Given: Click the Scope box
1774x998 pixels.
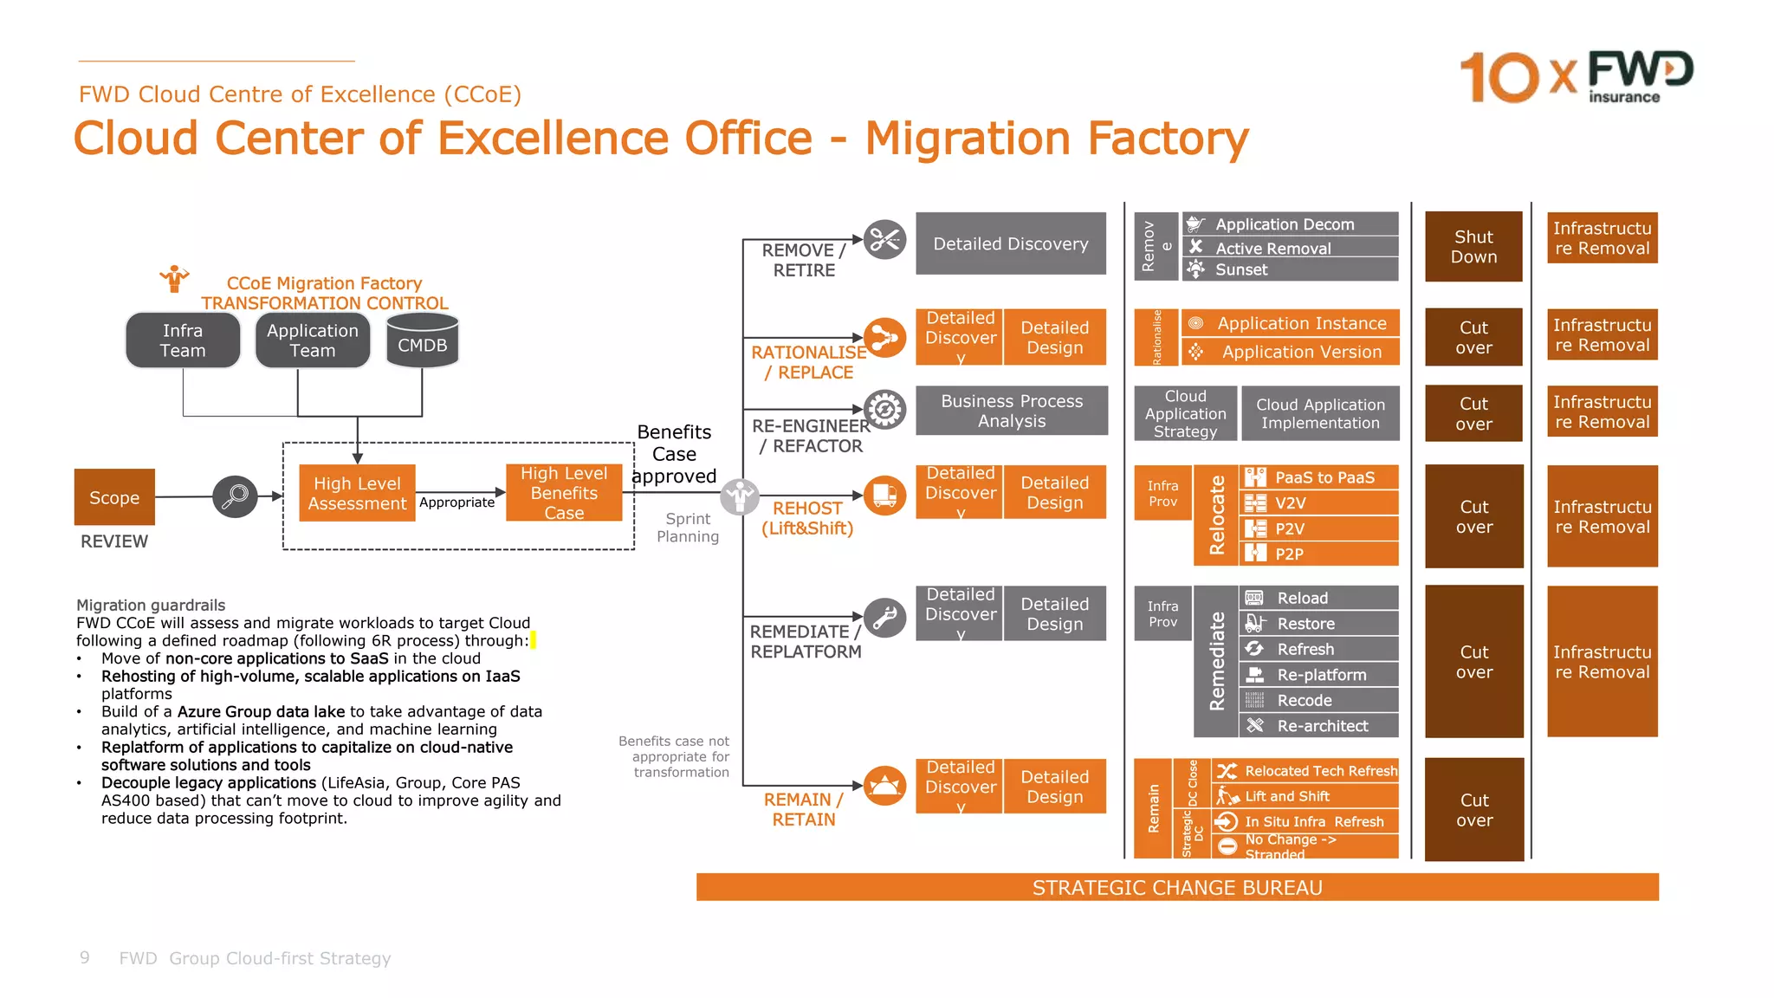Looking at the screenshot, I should [114, 497].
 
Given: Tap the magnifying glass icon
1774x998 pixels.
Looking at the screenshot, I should [235, 496].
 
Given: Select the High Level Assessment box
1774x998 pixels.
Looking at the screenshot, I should [357, 493].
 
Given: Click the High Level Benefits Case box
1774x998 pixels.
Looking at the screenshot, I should [564, 493].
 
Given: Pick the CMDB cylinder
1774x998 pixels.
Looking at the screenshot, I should [422, 341].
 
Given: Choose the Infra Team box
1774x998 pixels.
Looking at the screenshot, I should [183, 340].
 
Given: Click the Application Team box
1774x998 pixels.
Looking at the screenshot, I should [313, 340].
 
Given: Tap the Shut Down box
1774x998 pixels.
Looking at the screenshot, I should [1473, 247].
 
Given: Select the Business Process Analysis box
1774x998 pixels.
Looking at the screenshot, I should [1012, 411].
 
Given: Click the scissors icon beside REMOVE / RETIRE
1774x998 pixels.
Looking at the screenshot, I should [884, 239].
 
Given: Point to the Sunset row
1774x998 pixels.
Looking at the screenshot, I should [1290, 269].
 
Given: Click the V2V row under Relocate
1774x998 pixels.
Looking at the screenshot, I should [1318, 503].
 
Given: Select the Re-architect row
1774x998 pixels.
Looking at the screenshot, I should [1318, 726].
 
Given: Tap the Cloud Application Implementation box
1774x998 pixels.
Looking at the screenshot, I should [1320, 413].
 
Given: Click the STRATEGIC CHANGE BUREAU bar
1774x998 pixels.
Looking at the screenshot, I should [1177, 888].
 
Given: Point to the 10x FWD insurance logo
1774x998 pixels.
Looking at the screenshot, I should [1577, 76].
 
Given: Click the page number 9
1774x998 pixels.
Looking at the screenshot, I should [84, 957].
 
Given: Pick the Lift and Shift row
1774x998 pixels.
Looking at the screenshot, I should [1305, 796].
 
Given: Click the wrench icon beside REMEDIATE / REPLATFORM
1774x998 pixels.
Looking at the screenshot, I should [884, 618].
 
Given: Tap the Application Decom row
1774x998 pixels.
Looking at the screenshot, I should [1290, 224].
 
